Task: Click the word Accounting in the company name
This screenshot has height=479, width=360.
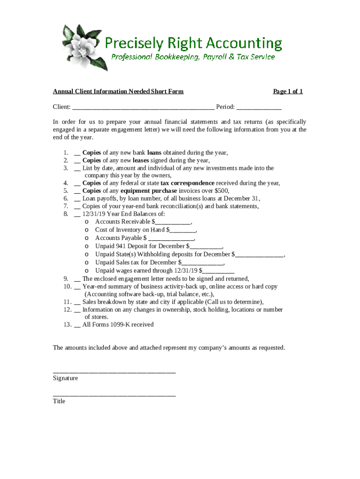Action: coord(244,44)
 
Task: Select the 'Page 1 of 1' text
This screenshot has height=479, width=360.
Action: coord(288,91)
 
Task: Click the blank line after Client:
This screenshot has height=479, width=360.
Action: coord(143,107)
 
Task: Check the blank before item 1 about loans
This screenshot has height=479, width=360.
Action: coord(77,153)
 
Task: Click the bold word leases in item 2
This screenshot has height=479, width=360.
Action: coord(141,160)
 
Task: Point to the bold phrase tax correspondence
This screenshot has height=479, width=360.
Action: coord(187,183)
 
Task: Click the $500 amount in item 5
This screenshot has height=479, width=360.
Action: coord(221,191)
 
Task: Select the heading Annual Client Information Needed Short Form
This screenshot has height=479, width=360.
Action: coord(118,91)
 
